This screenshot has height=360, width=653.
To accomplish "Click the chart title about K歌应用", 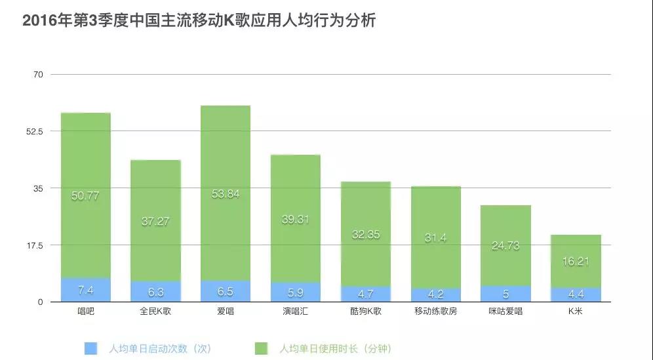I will pyautogui.click(x=199, y=20).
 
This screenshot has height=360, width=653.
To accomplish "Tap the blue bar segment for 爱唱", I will pyautogui.click(x=226, y=291).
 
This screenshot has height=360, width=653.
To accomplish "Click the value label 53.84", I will pyautogui.click(x=226, y=193).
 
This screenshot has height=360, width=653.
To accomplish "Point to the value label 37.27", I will pyautogui.click(x=155, y=222).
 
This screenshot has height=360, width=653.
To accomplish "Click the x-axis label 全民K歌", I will pyautogui.click(x=155, y=311).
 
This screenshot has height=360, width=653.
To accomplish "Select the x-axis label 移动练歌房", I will pyautogui.click(x=436, y=311).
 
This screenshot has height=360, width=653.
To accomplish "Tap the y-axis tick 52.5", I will pyautogui.click(x=33, y=131).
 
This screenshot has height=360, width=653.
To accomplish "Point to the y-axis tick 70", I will pyautogui.click(x=38, y=75).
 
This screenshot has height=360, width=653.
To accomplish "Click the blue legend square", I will pyautogui.click(x=91, y=348).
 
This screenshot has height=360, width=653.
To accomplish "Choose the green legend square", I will pyautogui.click(x=261, y=348).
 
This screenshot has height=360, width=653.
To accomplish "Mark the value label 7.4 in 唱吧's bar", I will pyautogui.click(x=86, y=290).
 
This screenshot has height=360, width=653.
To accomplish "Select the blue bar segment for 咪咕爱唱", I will pyautogui.click(x=505, y=294).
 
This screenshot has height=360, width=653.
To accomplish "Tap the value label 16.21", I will pyautogui.click(x=576, y=261).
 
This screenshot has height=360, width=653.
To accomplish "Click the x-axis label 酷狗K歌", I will pyautogui.click(x=366, y=311).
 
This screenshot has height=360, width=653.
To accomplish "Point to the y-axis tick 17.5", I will pyautogui.click(x=33, y=245).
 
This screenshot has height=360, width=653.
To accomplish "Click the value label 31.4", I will pyautogui.click(x=435, y=238).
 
